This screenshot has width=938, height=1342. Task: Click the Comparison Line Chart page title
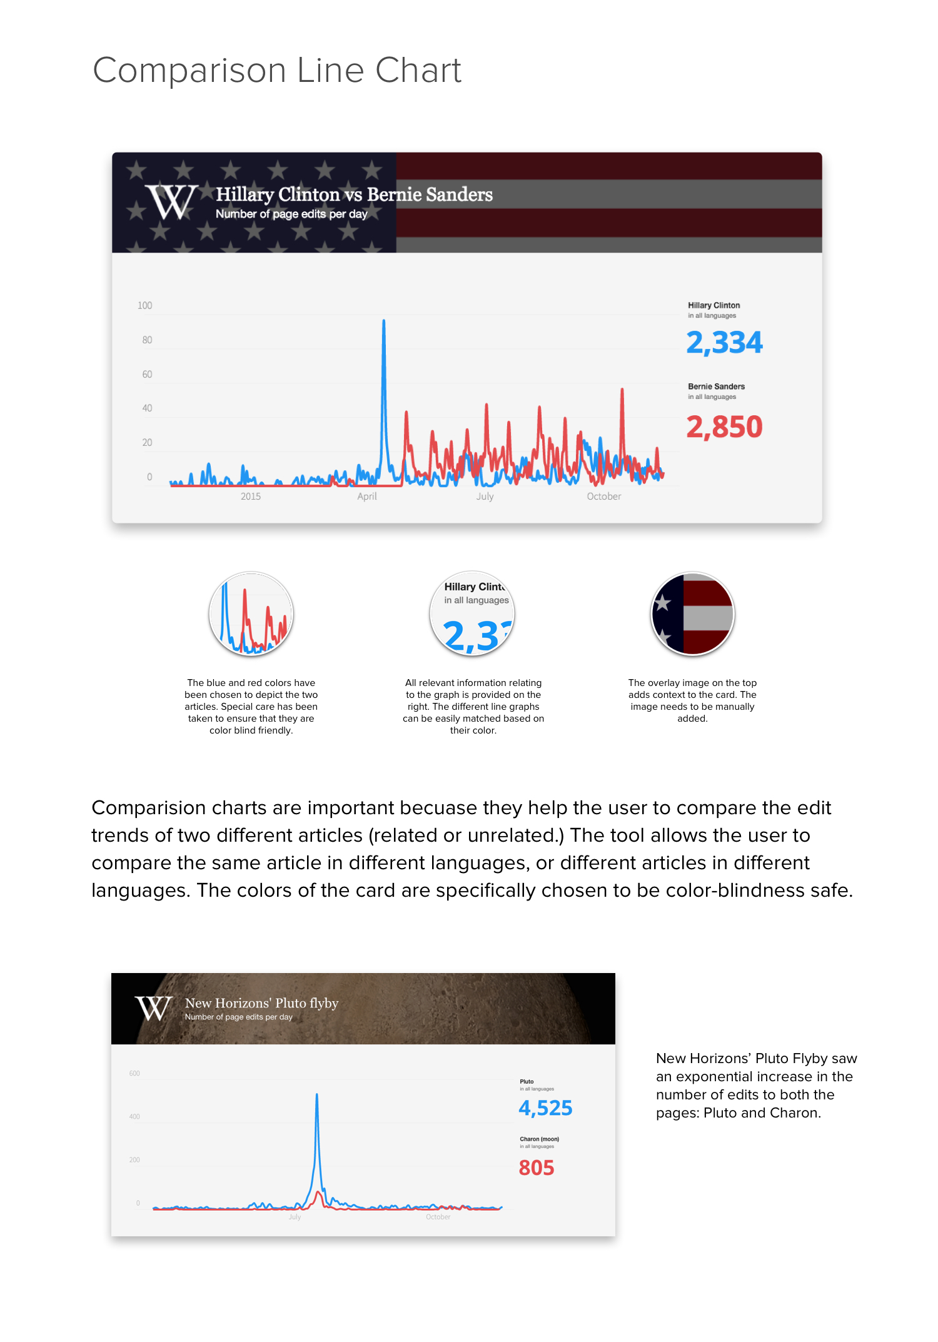click(x=276, y=70)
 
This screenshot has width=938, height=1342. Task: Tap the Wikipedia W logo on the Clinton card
click(x=171, y=201)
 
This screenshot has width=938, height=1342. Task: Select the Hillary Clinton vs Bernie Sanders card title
click(x=354, y=194)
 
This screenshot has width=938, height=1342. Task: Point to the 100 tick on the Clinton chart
click(x=144, y=306)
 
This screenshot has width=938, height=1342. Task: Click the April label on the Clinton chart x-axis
click(x=367, y=497)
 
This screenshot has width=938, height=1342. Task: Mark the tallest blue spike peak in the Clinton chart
click(x=383, y=321)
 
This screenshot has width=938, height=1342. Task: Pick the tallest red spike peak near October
click(x=622, y=390)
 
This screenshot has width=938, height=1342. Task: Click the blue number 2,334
click(x=724, y=343)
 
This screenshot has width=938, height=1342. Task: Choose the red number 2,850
click(x=724, y=427)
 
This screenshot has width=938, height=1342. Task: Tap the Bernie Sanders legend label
click(x=716, y=386)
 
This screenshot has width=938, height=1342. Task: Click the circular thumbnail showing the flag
click(x=692, y=613)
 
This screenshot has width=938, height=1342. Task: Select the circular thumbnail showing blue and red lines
click(x=251, y=613)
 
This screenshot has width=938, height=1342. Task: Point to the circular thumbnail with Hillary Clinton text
click(x=472, y=613)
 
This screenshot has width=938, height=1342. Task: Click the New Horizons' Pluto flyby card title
click(x=261, y=1003)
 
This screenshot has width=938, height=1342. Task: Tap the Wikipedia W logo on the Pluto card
click(x=153, y=1008)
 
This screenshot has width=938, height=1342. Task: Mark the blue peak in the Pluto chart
click(x=317, y=1095)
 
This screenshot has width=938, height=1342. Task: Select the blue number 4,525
click(x=545, y=1108)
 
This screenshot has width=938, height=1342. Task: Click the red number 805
click(x=537, y=1168)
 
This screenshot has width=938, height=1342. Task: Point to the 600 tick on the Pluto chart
click(x=134, y=1074)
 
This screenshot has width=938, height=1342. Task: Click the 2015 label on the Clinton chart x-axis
click(x=251, y=497)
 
